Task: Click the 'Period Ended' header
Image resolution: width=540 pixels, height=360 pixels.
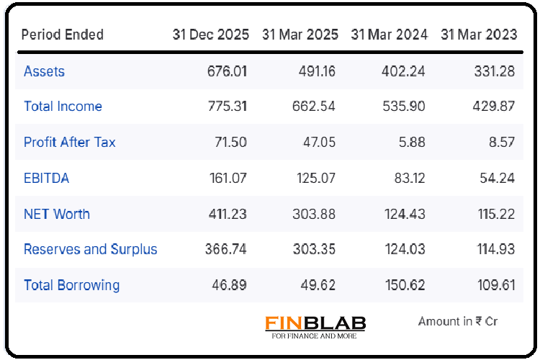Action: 63,35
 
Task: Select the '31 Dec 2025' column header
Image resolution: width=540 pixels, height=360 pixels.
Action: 210,35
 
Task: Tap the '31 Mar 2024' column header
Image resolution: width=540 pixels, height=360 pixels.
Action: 389,35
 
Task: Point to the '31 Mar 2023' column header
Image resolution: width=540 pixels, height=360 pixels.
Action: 479,35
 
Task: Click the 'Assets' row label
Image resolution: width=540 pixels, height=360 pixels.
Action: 44,71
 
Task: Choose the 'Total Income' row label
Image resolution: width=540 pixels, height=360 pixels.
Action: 63,107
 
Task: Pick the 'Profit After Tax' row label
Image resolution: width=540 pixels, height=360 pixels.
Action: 69,142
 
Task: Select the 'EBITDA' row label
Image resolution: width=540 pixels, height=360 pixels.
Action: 47,178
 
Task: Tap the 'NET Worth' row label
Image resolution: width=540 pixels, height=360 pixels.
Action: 57,214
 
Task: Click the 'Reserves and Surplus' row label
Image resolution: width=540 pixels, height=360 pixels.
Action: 91,250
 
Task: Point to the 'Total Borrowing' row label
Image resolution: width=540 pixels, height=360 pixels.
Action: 71,285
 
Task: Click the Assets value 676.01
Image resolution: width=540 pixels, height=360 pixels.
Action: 226,71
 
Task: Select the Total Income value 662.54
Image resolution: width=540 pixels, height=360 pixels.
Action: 314,107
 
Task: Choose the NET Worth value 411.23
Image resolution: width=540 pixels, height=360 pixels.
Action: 226,214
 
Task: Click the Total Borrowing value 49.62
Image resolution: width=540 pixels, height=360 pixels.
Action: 318,285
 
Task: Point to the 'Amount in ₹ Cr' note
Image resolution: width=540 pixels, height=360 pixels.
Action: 457,322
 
